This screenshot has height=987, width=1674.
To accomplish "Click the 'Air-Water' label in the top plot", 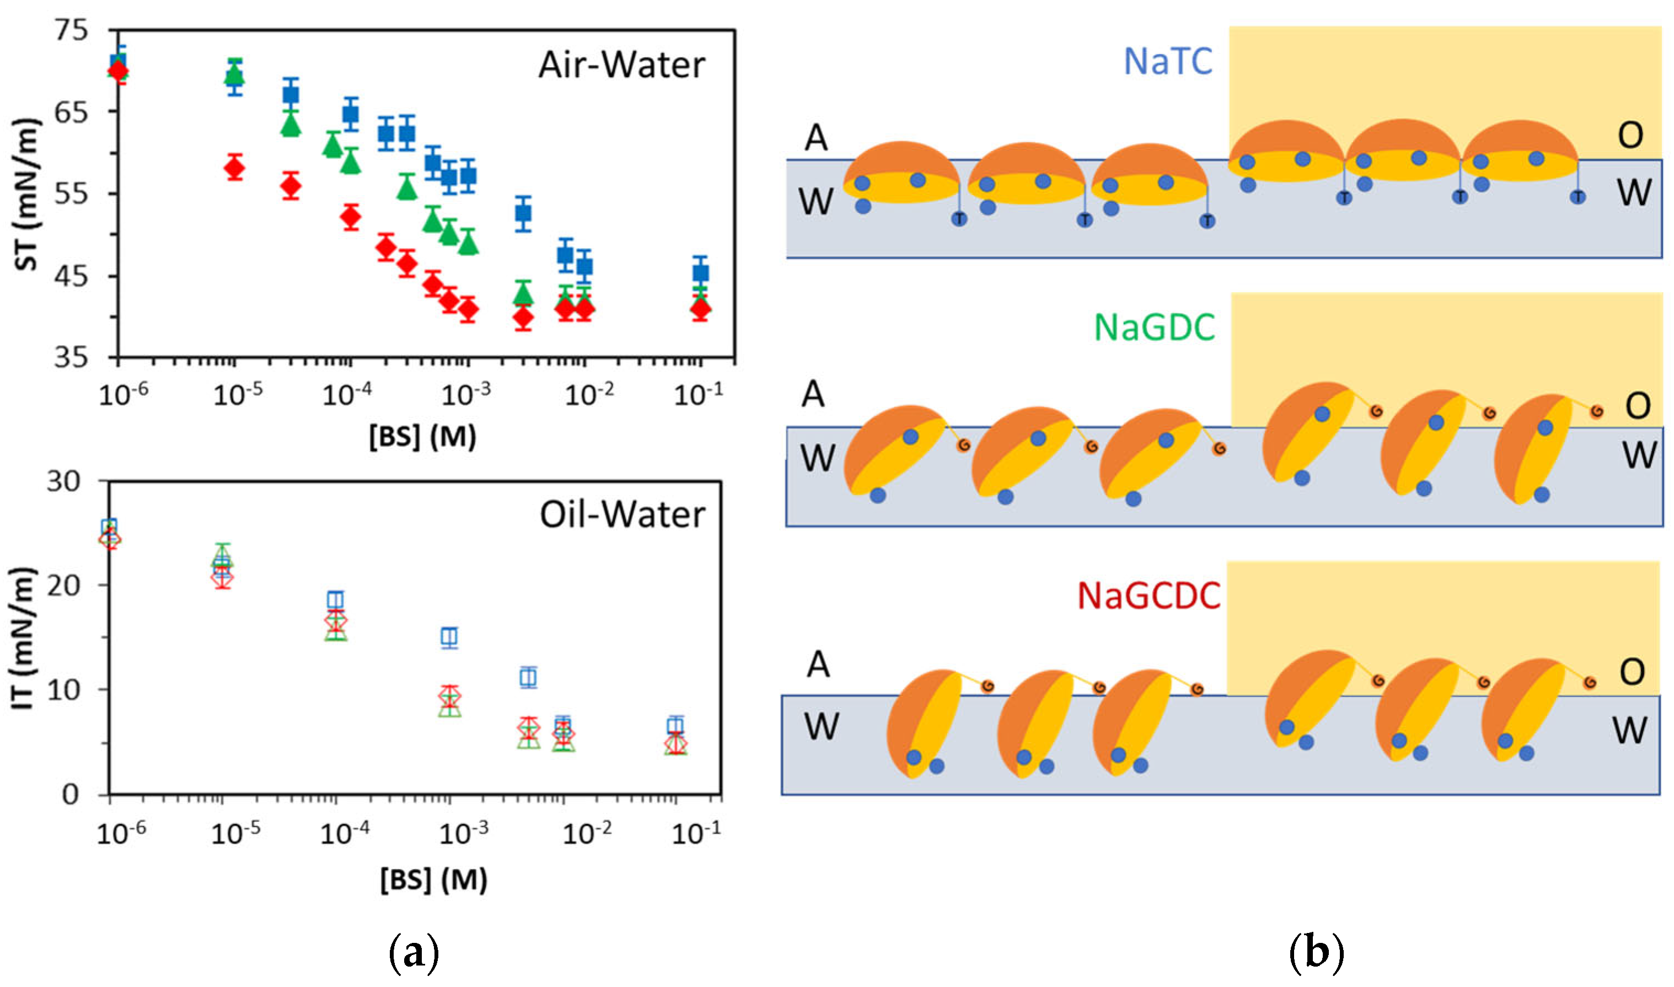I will pyautogui.click(x=621, y=65).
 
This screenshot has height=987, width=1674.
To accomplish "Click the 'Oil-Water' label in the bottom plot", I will pyautogui.click(x=622, y=515).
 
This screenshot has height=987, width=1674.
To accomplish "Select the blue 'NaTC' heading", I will pyautogui.click(x=1167, y=61).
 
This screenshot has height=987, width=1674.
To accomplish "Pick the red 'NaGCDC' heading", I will pyautogui.click(x=1149, y=596).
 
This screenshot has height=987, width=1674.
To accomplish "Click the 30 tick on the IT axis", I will pyautogui.click(x=63, y=481).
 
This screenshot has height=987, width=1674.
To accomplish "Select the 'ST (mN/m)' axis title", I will pyautogui.click(x=26, y=194).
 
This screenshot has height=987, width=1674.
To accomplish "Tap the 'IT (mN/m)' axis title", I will pyautogui.click(x=24, y=639).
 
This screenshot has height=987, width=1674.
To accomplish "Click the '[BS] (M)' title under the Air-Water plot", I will pyautogui.click(x=423, y=437).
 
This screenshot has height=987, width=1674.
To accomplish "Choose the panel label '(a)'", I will pyautogui.click(x=414, y=953).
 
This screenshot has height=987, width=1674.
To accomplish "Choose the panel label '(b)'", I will pyautogui.click(x=1316, y=953).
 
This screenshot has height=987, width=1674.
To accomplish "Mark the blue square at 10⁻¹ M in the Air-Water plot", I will pyautogui.click(x=700, y=273).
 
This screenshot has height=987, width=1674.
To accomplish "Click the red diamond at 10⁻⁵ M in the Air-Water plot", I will pyautogui.click(x=234, y=168).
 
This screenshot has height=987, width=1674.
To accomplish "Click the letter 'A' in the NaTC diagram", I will pyautogui.click(x=816, y=138).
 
